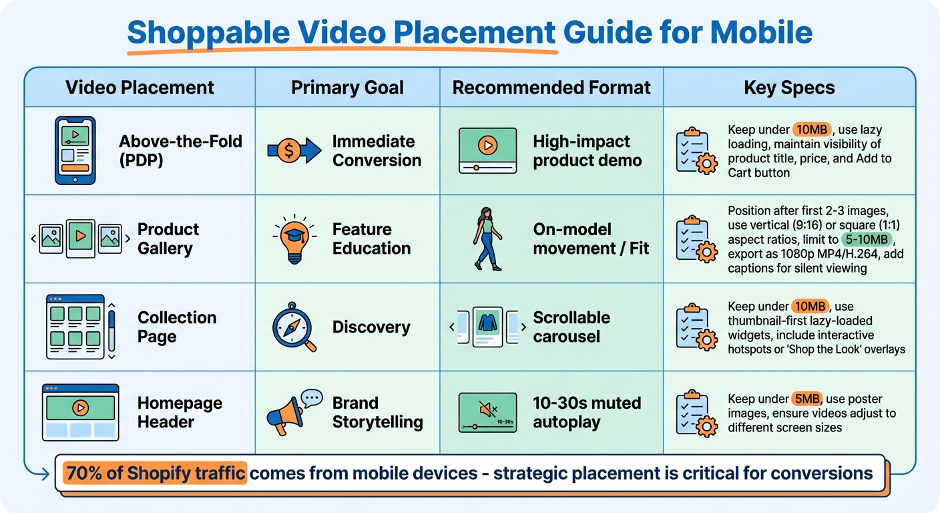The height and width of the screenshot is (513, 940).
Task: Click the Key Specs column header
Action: tap(789, 88)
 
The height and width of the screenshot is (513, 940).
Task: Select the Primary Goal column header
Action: tap(347, 88)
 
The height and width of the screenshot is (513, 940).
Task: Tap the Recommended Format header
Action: tap(551, 88)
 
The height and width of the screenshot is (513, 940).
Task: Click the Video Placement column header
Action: tap(140, 88)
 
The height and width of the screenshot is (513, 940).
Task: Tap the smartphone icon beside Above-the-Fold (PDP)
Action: tap(75, 150)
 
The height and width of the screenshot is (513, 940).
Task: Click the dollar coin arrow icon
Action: tap(294, 151)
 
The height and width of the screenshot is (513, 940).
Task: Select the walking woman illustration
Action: tap(487, 238)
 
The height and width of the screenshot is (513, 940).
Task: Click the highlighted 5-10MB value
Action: tap(867, 240)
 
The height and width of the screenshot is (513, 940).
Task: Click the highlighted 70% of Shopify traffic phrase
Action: tap(155, 474)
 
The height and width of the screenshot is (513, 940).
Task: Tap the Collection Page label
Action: tap(177, 327)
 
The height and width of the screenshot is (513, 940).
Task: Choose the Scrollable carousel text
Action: tap(571, 327)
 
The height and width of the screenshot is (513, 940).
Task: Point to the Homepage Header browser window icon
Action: tap(80, 412)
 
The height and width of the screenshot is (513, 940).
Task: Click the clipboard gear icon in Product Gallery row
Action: tap(696, 238)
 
